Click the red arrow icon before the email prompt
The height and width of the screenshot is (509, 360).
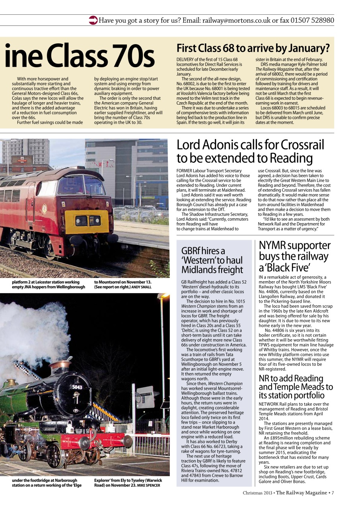(x=93, y=20)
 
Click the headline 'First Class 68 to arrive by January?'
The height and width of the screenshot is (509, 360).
(x=253, y=49)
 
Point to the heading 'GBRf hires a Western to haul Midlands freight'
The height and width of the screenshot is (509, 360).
(x=212, y=260)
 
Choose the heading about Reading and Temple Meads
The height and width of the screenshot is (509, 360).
(x=296, y=387)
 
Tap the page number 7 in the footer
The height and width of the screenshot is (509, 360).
(x=333, y=493)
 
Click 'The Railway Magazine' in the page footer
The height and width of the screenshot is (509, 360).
(x=301, y=493)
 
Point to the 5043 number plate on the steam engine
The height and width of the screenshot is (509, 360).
(x=77, y=387)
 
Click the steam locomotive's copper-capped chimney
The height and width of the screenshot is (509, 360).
(x=60, y=365)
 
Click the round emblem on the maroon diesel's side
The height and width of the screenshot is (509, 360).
(x=44, y=208)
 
